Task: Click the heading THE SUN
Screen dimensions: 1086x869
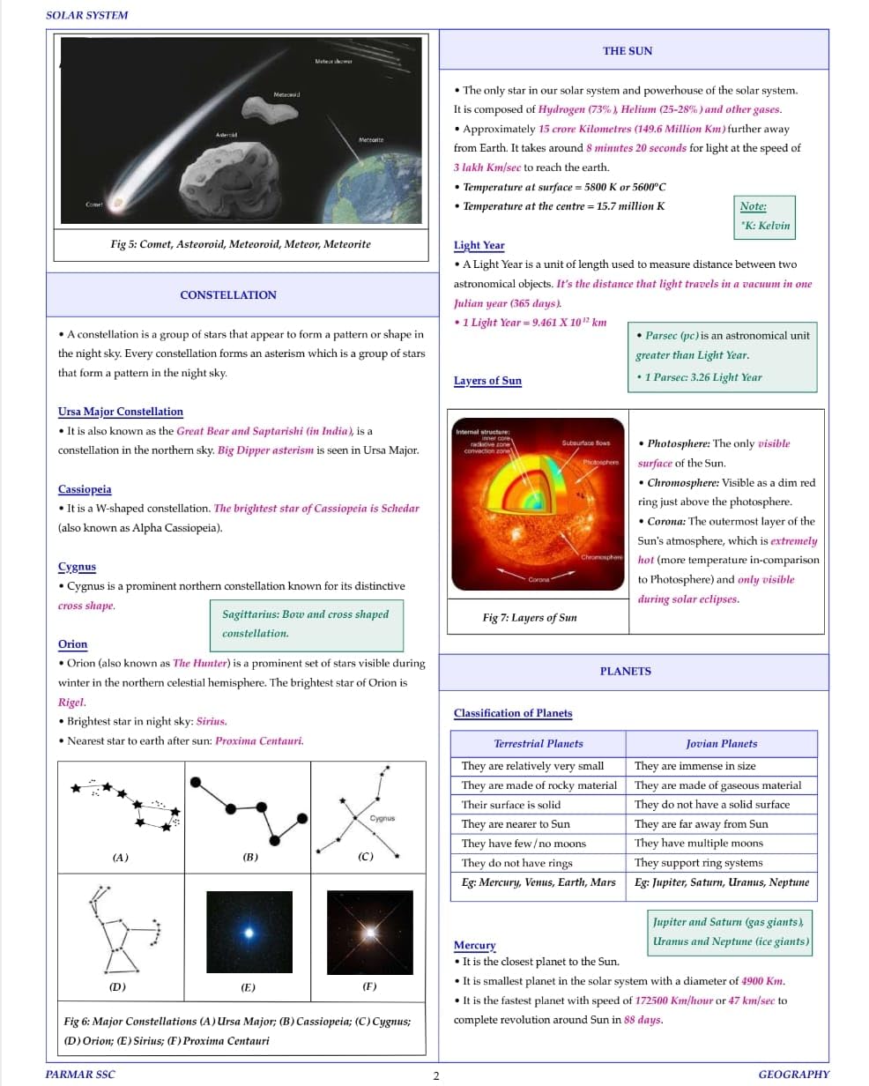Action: (628, 51)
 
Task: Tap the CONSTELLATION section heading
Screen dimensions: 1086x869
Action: (227, 295)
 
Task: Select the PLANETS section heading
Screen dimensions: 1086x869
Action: (625, 672)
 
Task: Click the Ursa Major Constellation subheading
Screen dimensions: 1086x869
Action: (121, 412)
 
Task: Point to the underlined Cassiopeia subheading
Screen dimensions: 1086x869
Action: (85, 489)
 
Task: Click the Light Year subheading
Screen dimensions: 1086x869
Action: (479, 246)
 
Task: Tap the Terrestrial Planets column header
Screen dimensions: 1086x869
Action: (538, 744)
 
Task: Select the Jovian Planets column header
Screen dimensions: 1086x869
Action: (721, 744)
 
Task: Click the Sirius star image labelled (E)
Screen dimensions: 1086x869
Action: (249, 932)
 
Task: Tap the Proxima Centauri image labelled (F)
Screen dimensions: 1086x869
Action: (369, 932)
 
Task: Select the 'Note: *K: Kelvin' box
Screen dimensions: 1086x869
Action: (765, 216)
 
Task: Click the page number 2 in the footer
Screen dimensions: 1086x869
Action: (435, 1075)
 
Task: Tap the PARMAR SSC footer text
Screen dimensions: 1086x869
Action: (80, 1075)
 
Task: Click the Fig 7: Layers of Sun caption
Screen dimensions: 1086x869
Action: (530, 618)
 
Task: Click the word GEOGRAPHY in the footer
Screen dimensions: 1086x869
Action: (793, 1075)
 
